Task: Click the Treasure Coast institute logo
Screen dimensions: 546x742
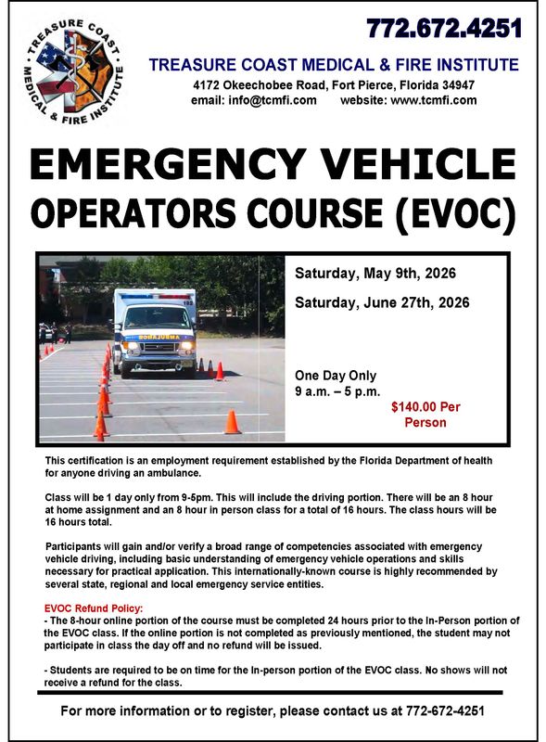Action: coord(73,73)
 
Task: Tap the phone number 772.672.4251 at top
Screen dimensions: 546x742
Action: coord(444,29)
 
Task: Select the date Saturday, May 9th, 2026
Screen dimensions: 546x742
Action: coord(375,274)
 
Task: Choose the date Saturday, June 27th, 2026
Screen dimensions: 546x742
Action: coord(381,302)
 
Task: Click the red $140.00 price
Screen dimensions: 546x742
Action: coord(425,406)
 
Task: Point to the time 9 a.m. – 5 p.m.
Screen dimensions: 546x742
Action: coord(337,391)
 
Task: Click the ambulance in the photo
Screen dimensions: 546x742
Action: coord(155,331)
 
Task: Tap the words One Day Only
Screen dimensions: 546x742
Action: coord(336,376)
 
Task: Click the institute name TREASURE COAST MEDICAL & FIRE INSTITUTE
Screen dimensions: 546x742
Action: coord(334,65)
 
